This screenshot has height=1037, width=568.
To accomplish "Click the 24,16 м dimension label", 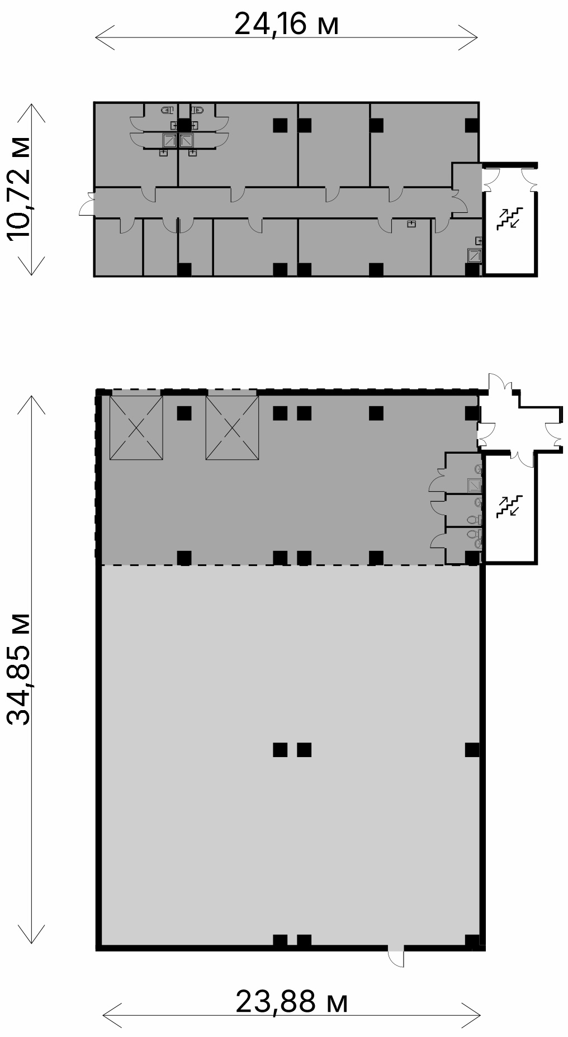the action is coord(286,25).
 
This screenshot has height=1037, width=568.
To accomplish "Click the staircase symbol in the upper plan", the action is coord(509,218).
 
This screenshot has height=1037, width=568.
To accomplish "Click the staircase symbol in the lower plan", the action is coord(509,506).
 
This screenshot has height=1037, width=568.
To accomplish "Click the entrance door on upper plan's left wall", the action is coord(87,203).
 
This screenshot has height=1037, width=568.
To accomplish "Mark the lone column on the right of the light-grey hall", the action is coord(472,749).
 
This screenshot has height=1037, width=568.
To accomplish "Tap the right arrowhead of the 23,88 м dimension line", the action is coord(472,1014).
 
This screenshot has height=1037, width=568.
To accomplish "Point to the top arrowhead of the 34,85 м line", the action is coord(31,404).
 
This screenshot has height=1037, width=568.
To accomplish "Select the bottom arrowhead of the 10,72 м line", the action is coord(31,266).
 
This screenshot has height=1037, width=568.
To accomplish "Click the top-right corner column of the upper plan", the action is coord(472,125).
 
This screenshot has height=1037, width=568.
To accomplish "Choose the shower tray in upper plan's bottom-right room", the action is coord(475,255).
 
